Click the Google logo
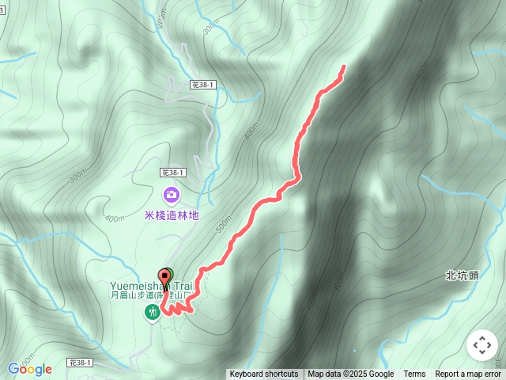(29, 369)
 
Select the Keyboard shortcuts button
(264, 374)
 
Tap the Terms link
(414, 374)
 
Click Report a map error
(468, 374)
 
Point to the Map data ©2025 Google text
(350, 374)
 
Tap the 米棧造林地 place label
(172, 215)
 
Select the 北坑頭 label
(462, 276)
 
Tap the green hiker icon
(151, 313)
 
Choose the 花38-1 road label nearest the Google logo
(81, 363)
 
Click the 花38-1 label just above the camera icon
(172, 172)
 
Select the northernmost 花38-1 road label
(203, 84)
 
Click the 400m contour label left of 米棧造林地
(114, 218)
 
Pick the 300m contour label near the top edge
(210, 28)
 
